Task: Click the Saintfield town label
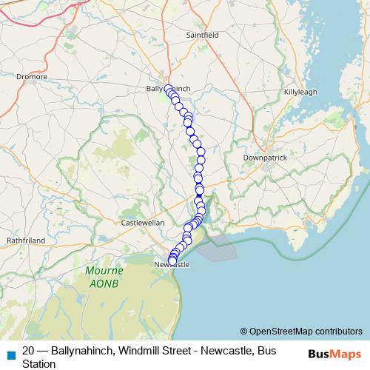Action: click(x=204, y=34)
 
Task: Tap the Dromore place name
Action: click(x=33, y=76)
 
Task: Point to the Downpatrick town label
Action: click(x=265, y=158)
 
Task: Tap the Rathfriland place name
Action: click(x=26, y=240)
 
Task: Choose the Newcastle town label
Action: click(x=172, y=264)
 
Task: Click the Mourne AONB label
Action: click(x=102, y=277)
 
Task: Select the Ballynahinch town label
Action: click(x=169, y=89)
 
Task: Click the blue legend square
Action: click(x=10, y=354)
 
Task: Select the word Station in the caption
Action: click(x=38, y=363)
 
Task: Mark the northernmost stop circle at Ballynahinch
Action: click(x=169, y=90)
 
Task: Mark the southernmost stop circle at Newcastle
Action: click(x=172, y=261)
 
